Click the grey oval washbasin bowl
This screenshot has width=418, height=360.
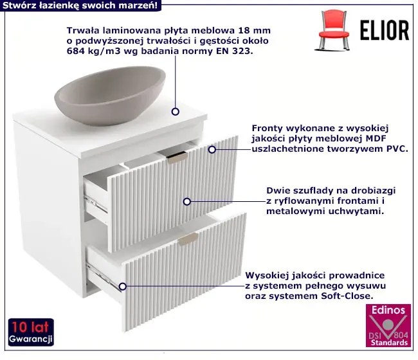pos(110,95)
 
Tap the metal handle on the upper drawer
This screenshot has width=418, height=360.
pos(177,157)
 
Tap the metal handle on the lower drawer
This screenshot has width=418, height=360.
pos(188,239)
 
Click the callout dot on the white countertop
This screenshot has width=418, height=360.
pos(175,111)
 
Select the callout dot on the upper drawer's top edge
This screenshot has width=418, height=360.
pos(212,150)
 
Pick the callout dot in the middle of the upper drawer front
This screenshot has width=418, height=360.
pos(187,202)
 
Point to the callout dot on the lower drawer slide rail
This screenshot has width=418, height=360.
pos(122,287)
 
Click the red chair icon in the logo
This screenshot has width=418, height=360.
pos(332,30)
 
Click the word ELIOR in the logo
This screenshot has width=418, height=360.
pos(385,30)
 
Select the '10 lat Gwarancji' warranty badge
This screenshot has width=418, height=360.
pos(31,332)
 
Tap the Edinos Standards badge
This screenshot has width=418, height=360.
pos(388,325)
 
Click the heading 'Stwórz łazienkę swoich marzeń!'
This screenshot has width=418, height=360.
pos(80,5)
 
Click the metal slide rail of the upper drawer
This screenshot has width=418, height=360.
pos(96,203)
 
